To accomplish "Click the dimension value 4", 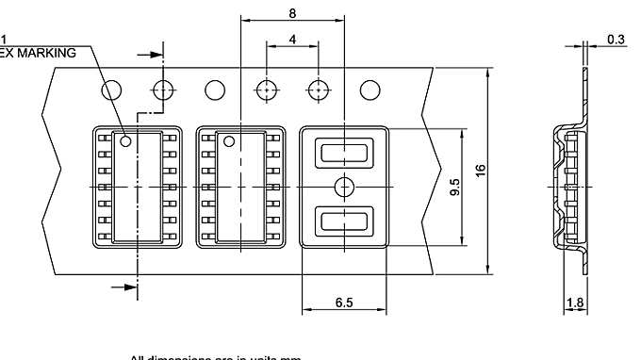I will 292,40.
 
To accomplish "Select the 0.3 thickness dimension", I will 616,40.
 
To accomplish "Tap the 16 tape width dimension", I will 481,171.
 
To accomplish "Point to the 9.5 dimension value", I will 455,187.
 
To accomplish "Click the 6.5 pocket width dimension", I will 344,303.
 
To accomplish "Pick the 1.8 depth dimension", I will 574,303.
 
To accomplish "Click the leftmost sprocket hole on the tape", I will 112,90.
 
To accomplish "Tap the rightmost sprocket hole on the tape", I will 370,90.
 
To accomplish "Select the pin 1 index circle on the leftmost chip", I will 123,142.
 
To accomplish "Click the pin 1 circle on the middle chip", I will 227,142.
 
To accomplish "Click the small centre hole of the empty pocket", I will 343,186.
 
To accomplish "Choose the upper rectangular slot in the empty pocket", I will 343,151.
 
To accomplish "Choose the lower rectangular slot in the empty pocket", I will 343,221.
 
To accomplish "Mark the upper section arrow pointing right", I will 149,55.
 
